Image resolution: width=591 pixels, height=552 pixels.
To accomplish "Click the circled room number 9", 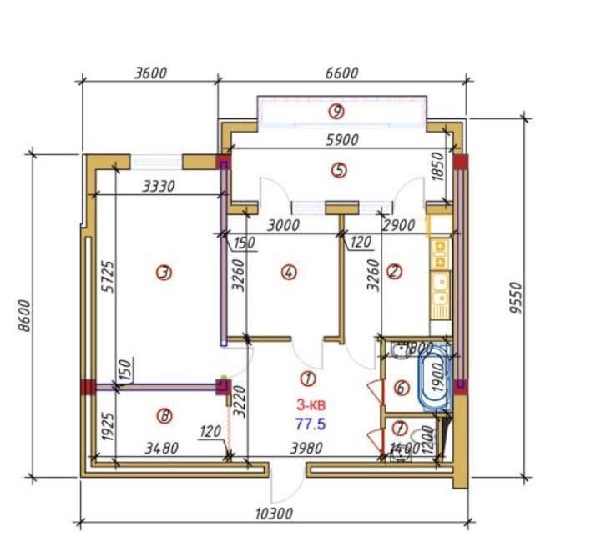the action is (x=336, y=112).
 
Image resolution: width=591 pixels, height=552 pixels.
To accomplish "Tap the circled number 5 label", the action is (x=339, y=170).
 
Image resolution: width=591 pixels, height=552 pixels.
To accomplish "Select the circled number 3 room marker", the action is (x=164, y=272).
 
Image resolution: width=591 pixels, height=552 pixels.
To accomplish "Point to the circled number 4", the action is (x=289, y=272).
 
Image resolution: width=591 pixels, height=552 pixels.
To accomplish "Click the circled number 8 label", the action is (x=164, y=416).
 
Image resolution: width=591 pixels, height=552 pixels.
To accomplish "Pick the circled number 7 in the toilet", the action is (x=400, y=428).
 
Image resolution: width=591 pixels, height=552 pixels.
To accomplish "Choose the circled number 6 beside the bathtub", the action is (x=402, y=388).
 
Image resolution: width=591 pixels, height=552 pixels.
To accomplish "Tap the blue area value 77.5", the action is (x=311, y=424).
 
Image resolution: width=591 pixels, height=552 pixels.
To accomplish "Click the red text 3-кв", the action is (x=311, y=405).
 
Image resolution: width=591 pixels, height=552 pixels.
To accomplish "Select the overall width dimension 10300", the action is (x=274, y=514).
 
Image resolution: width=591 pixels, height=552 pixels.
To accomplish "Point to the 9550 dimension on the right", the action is (x=516, y=298).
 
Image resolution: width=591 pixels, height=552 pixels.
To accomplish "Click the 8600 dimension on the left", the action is (x=24, y=315).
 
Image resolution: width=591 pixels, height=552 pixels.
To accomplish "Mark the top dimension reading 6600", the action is (x=342, y=73).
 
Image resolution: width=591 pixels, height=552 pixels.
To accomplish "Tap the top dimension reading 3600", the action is (x=150, y=73).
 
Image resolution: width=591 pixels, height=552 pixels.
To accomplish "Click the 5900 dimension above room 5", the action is (x=342, y=140).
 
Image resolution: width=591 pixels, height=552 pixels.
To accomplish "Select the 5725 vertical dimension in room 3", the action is (x=108, y=277).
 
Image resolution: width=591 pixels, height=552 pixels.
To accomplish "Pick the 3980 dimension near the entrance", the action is (x=306, y=448).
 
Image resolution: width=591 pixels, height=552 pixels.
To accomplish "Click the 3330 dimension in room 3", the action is (x=159, y=187).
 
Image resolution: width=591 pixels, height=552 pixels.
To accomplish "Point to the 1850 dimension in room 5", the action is (x=437, y=167).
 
